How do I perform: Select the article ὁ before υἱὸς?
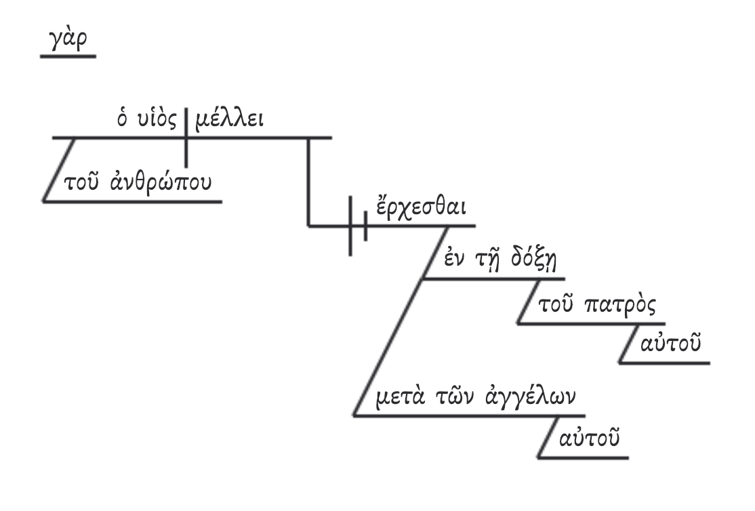123,121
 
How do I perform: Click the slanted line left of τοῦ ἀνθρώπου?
58,169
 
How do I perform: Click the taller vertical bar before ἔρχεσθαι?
350,226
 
